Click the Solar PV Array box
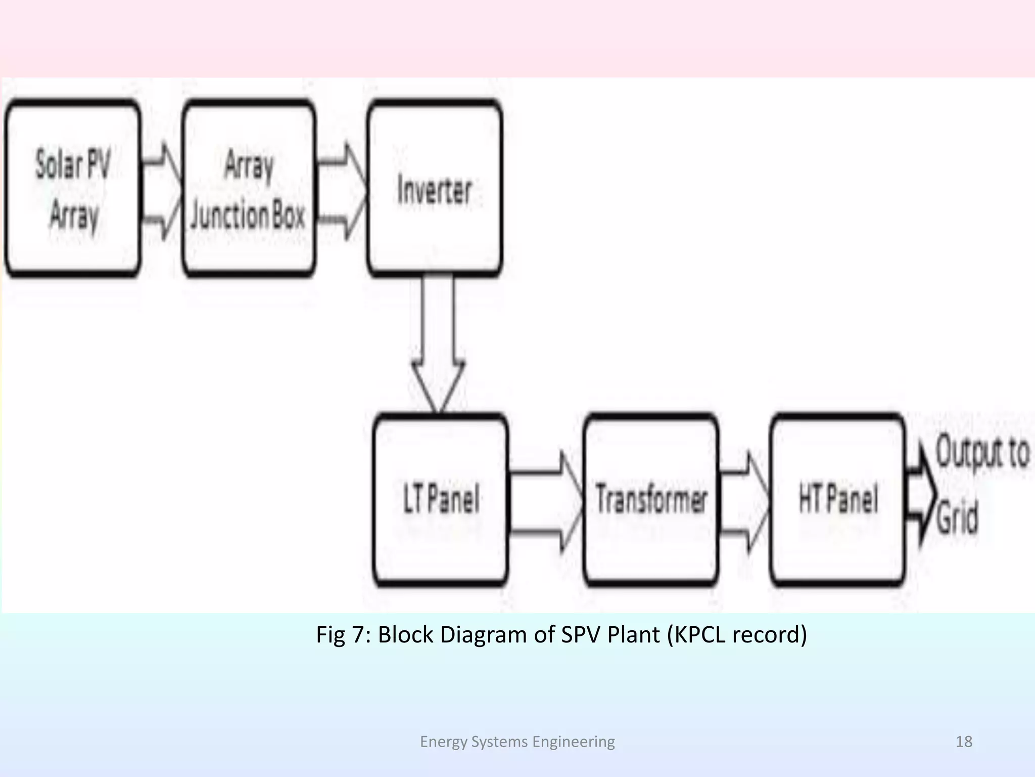72,188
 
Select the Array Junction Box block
249,188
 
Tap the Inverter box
435,188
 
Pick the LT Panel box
441,500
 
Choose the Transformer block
651,500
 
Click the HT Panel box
837,500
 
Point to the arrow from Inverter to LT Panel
438,344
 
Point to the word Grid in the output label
957,517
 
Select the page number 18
964,742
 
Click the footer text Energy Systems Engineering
517,742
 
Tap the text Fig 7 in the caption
343,634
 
